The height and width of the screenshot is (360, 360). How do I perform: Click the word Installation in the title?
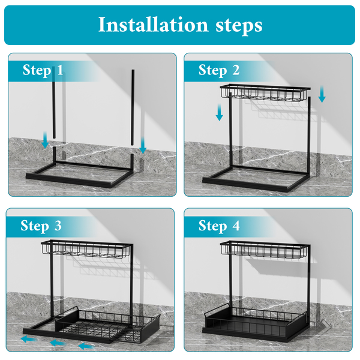tap(153, 25)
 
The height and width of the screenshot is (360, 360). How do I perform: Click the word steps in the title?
tap(239, 26)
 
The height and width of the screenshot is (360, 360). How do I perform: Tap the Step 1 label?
tap(43, 70)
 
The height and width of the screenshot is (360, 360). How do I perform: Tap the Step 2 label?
tap(219, 70)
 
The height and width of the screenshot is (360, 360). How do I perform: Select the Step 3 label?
tap(41, 226)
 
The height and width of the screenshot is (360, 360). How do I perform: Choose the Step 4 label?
tap(219, 226)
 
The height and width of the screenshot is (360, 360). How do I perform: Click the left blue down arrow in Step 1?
tap(45, 140)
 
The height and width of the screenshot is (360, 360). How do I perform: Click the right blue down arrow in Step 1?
tap(143, 145)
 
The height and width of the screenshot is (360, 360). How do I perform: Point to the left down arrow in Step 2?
tap(220, 112)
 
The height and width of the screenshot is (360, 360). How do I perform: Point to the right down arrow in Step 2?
tap(322, 94)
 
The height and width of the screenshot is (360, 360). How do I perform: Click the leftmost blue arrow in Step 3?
tap(29, 339)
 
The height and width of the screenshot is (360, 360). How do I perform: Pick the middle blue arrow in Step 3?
tap(58, 343)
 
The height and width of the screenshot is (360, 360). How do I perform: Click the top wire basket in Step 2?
tap(265, 92)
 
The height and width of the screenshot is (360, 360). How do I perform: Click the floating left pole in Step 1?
tap(54, 103)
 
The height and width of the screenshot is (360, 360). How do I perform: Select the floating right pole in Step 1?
tap(133, 107)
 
